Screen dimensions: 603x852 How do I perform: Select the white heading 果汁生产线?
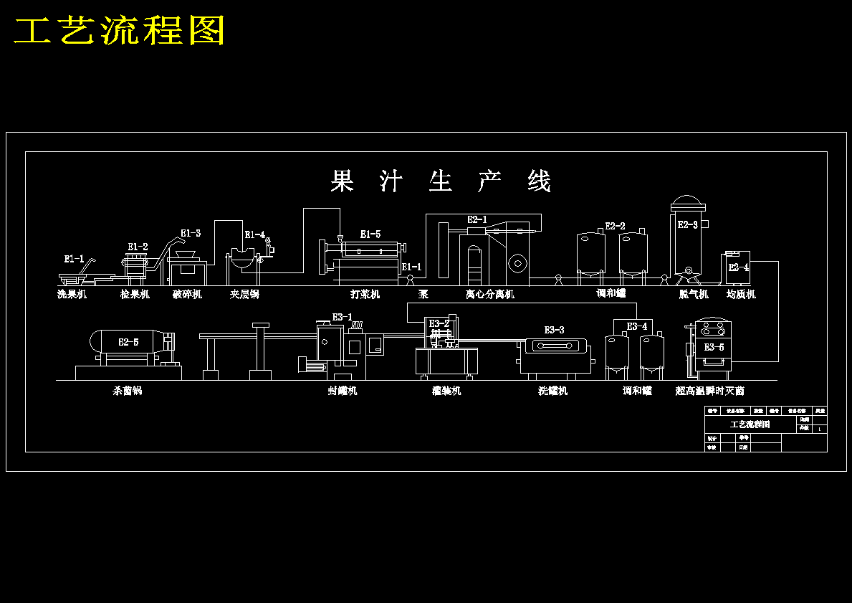[x=440, y=181]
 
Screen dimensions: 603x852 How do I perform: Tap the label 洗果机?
[x=72, y=294]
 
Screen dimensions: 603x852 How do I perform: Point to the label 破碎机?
[x=187, y=294]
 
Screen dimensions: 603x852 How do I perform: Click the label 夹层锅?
[x=244, y=294]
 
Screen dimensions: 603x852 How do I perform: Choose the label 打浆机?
[x=365, y=294]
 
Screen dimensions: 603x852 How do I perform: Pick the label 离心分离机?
[x=489, y=294]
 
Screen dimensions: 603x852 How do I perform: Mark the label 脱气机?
[x=694, y=294]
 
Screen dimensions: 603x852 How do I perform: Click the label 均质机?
[x=741, y=294]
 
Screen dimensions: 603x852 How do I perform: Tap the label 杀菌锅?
[x=128, y=391]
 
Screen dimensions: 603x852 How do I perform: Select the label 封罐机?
[x=343, y=391]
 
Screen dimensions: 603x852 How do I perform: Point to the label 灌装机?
[x=446, y=391]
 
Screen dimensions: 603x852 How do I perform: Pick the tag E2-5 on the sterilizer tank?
[x=128, y=343]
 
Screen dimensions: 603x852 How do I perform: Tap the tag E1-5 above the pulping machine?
[x=370, y=234]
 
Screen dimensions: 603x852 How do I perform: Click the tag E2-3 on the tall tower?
[x=687, y=225]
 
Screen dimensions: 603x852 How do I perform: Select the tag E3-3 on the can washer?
[x=554, y=330]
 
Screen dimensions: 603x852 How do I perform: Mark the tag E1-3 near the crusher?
[x=191, y=233]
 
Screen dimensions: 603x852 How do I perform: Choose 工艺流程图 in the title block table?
[x=750, y=424]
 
